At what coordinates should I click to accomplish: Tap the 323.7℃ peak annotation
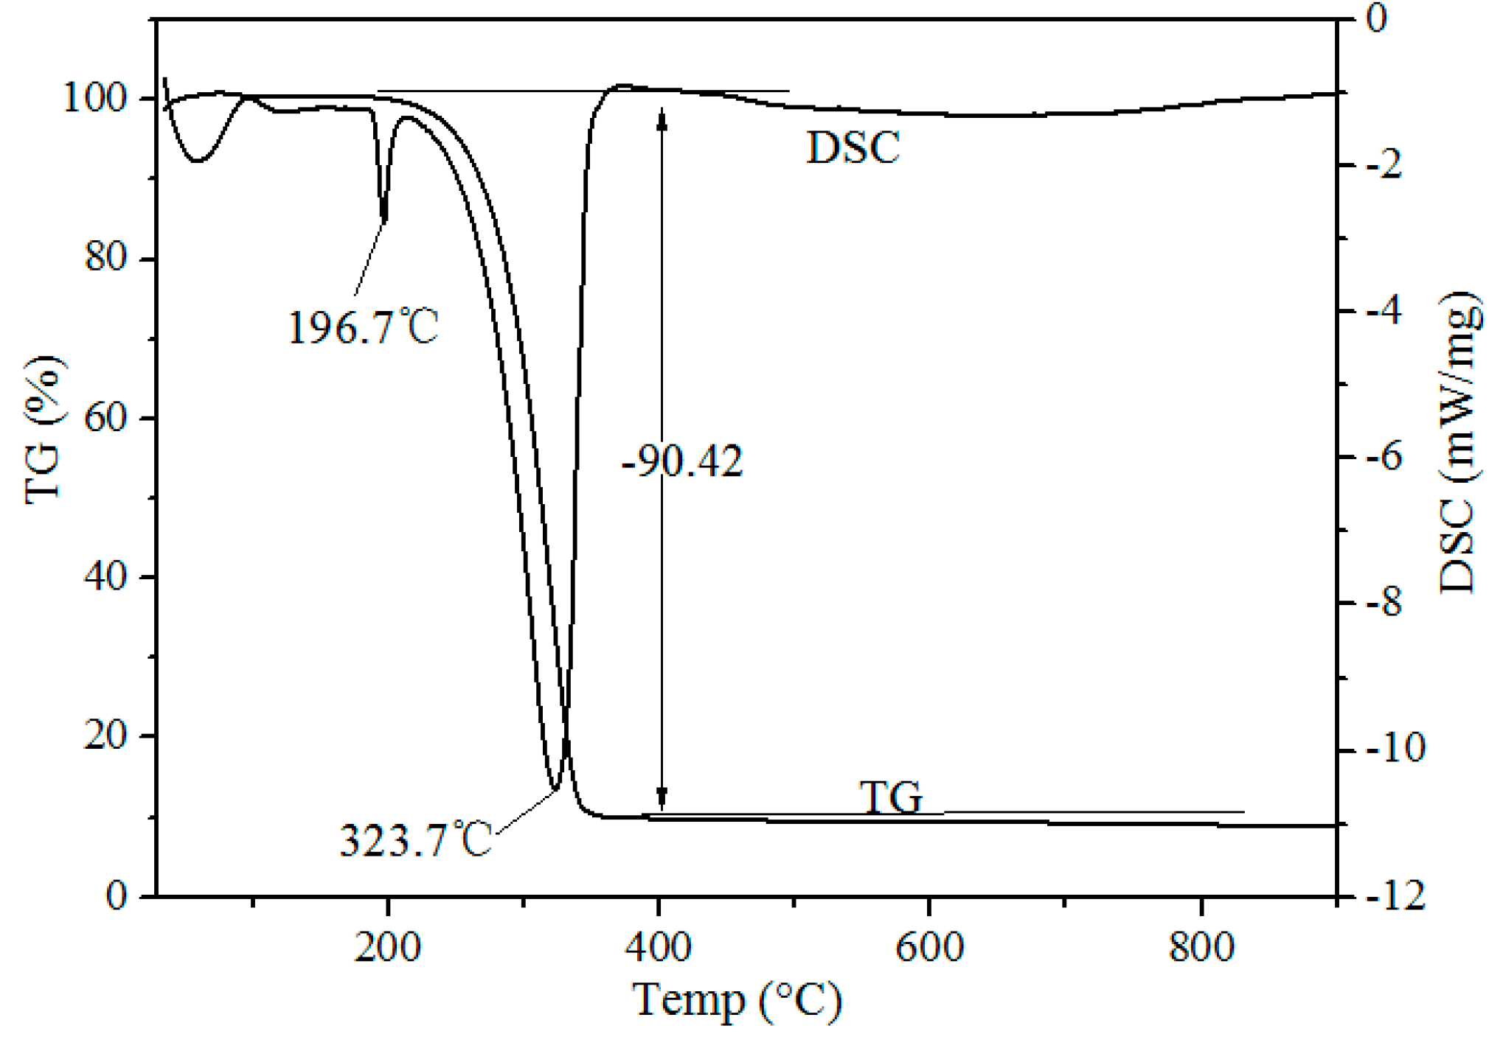(x=415, y=839)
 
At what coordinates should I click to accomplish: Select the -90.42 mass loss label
(x=682, y=463)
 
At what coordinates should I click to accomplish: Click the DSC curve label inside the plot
(x=853, y=147)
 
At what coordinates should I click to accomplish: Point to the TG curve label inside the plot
(x=891, y=797)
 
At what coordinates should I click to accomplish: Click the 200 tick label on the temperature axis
(x=387, y=946)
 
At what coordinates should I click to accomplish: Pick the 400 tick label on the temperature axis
(x=659, y=946)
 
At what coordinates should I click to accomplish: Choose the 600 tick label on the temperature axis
(x=929, y=946)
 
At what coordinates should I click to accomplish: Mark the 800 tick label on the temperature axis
(x=1201, y=946)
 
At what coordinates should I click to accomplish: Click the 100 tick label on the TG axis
(x=96, y=97)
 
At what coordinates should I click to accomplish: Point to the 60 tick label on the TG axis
(x=106, y=417)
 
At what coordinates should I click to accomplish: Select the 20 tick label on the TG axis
(x=106, y=735)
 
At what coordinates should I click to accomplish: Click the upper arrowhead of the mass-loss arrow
(x=662, y=118)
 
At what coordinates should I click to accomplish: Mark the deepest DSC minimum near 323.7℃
(x=555, y=789)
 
